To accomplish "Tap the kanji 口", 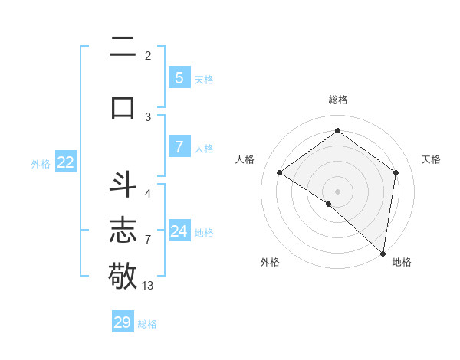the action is point(123,107).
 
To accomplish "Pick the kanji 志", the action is point(123,230).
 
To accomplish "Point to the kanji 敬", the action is point(123,274).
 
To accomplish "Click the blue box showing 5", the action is point(179,77).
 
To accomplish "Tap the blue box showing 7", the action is point(179,146).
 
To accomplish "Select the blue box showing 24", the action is point(179,231).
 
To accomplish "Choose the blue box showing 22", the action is point(65,162).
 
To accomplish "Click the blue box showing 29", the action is point(122,322).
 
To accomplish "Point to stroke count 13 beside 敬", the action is point(148,286).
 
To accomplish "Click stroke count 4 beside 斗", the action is point(148,193).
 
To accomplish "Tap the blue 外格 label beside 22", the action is point(41,163).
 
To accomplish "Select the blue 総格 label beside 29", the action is point(147,324).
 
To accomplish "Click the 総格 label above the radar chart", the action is point(337,100).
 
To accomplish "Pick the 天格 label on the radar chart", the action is point(431,159).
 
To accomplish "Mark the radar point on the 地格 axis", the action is point(383,254).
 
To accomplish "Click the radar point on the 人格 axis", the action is point(280,173).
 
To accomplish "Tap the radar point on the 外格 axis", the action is point(329,204).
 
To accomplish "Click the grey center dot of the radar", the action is point(337,191).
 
